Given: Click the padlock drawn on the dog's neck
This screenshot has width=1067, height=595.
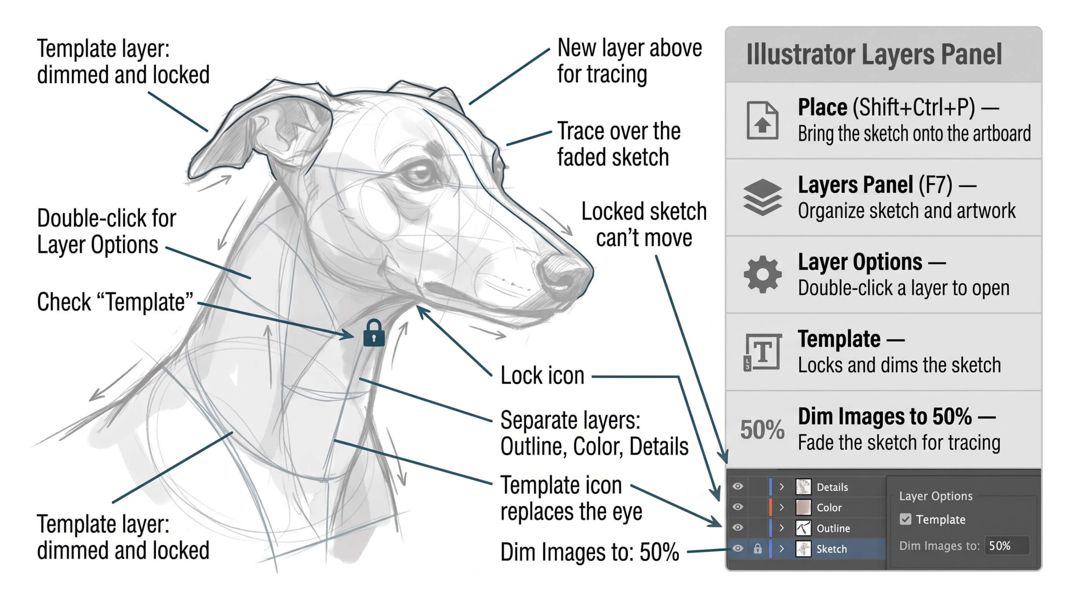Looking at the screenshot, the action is [x=374, y=333].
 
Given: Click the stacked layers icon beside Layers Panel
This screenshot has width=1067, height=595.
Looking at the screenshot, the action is [x=762, y=197].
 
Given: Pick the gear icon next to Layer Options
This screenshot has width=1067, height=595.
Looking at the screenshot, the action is [x=762, y=274].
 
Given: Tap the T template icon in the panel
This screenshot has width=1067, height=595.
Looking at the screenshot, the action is [x=762, y=352].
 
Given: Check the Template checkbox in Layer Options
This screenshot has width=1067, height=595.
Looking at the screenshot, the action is [x=905, y=519].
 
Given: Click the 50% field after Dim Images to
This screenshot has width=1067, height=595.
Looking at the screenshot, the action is [x=1007, y=545].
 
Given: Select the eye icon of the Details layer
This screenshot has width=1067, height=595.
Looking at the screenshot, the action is [x=738, y=486].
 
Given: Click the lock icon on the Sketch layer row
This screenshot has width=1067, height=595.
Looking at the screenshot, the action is [x=758, y=549].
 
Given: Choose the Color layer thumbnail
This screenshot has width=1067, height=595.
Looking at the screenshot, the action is [x=803, y=507].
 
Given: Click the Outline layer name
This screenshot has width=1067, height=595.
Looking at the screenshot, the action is [x=833, y=528].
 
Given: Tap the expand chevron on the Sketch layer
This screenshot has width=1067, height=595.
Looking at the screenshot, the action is [x=781, y=549].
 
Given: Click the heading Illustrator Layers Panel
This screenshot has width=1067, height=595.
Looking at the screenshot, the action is [x=874, y=55].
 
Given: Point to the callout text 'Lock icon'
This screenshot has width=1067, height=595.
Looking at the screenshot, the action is [x=542, y=376].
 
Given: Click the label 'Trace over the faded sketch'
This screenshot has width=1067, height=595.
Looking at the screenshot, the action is [x=619, y=144].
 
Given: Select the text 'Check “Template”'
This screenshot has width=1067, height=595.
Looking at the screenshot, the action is [x=115, y=302].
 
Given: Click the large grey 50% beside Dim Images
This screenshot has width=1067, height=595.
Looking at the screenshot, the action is [x=762, y=430].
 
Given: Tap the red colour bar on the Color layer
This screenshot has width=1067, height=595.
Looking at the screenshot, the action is [x=770, y=507].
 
